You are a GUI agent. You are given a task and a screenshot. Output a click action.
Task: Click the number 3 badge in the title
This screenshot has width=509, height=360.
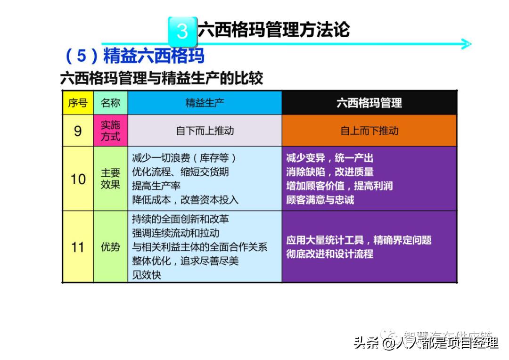(182, 31)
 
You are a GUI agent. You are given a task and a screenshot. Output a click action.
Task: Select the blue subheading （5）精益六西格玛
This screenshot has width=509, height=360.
(134, 56)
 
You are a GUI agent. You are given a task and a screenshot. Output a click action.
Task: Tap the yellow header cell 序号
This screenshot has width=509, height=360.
(78, 103)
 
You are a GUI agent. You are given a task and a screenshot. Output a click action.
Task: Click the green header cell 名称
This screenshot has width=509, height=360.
(110, 103)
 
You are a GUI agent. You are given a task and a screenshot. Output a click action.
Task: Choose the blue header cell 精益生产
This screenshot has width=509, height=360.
(205, 103)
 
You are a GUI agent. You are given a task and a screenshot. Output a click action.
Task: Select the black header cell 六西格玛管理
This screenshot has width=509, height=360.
(369, 103)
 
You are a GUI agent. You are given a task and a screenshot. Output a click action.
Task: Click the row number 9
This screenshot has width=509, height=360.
(78, 131)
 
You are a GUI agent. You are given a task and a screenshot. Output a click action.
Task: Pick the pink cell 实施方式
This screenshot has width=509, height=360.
(110, 131)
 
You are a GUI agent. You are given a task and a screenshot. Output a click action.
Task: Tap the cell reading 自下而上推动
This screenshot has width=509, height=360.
(205, 131)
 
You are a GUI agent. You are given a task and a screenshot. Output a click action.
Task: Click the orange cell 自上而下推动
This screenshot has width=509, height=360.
(369, 131)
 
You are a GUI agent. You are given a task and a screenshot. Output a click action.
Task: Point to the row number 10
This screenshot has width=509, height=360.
(78, 179)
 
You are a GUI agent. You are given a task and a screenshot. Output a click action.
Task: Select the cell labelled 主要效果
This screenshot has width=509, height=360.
(110, 179)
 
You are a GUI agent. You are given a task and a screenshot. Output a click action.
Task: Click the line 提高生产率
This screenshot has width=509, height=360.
(156, 186)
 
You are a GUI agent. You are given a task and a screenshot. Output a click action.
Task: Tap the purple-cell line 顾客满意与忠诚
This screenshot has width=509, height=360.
(320, 200)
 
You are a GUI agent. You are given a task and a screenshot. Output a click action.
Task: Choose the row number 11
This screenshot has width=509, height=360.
(78, 246)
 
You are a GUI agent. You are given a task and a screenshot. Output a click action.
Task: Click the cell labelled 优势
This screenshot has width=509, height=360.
(110, 246)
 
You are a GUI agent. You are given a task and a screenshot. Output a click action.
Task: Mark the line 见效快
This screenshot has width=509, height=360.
(147, 275)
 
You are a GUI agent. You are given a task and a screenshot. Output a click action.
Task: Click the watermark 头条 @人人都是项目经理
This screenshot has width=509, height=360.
(426, 343)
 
